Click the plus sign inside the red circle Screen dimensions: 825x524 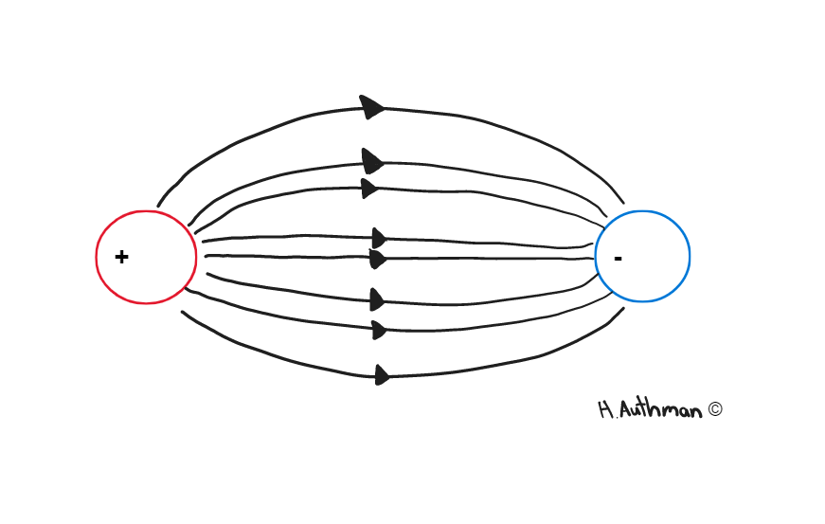tap(121, 257)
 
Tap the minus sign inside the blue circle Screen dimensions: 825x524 tap(619, 259)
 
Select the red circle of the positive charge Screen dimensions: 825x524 tap(97, 258)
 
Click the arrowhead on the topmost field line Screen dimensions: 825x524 tap(372, 107)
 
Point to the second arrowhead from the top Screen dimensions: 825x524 tap(373, 161)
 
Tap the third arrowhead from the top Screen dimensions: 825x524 tap(370, 189)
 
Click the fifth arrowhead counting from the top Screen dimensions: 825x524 tap(378, 259)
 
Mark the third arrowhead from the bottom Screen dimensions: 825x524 tap(377, 299)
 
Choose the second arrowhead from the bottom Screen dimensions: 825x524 tap(380, 331)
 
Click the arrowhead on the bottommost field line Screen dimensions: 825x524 tap(383, 375)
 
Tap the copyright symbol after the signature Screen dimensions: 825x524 tap(715, 409)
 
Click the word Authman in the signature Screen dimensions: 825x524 tap(661, 408)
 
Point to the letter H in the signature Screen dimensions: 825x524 tap(605, 409)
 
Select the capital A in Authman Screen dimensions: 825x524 tap(626, 410)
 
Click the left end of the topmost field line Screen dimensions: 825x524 tap(158, 206)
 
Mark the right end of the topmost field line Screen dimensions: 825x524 tap(623, 203)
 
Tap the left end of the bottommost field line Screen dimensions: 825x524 tap(182, 312)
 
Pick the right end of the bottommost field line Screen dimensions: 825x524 tap(623, 308)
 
